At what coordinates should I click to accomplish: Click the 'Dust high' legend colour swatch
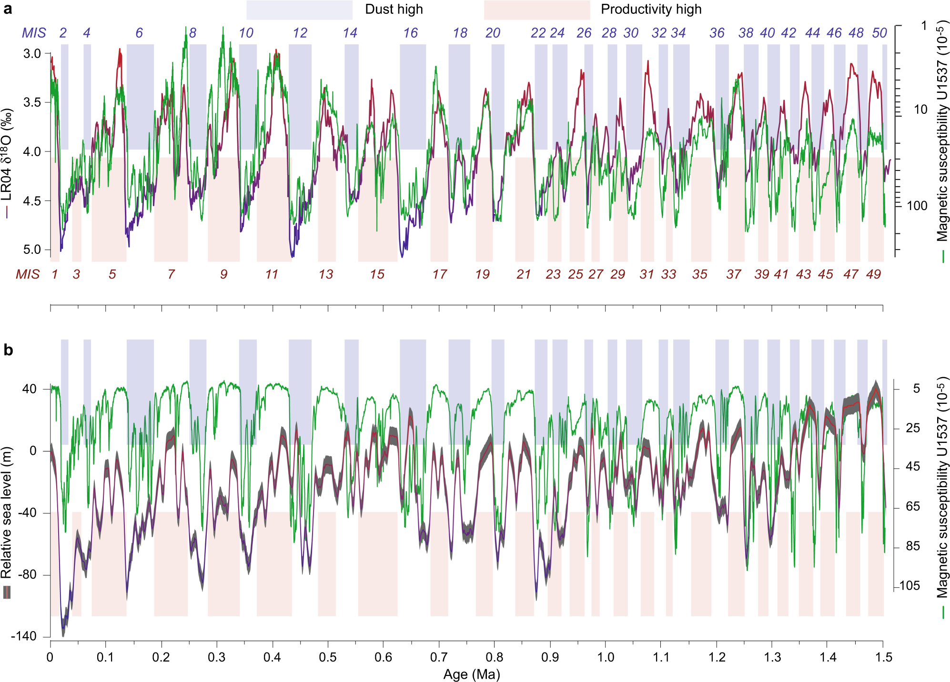(x=299, y=10)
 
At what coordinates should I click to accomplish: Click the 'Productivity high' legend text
(x=651, y=10)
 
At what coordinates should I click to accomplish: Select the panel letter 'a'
(x=8, y=9)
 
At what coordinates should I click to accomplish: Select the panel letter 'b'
(x=8, y=350)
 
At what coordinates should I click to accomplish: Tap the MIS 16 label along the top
(x=410, y=33)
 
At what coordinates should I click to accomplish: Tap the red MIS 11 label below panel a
(x=272, y=274)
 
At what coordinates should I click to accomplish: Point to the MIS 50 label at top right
(x=879, y=33)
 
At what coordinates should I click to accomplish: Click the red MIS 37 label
(x=734, y=274)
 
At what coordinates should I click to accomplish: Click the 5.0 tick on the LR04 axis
(x=32, y=250)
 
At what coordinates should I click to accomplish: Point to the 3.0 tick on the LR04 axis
(x=32, y=53)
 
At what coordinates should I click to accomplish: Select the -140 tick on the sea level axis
(x=24, y=636)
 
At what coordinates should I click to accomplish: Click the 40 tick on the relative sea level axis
(x=29, y=389)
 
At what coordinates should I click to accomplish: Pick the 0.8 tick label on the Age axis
(x=495, y=658)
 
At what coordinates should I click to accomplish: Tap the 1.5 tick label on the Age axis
(x=883, y=658)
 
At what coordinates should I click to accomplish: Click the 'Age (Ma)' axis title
(x=472, y=674)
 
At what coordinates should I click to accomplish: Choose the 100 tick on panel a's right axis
(x=917, y=206)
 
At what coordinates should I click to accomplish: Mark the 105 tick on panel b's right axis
(x=910, y=586)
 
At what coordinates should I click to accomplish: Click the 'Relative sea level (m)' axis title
(x=7, y=512)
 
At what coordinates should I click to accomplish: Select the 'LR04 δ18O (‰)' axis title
(x=7, y=157)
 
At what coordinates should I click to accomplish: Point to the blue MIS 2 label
(x=63, y=33)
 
